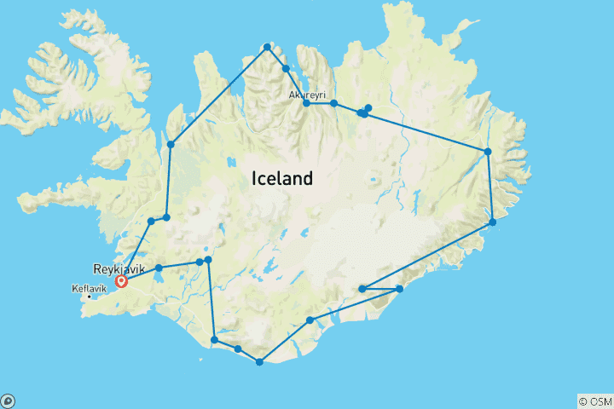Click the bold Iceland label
click(282, 179)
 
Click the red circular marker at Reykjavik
click(122, 281)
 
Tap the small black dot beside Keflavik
click(90, 297)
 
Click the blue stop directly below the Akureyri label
click(306, 103)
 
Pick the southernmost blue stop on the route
click(259, 362)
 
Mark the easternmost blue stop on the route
click(493, 222)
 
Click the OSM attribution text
click(594, 400)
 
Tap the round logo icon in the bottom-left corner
click(7, 400)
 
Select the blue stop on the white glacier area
click(362, 289)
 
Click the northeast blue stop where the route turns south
click(488, 152)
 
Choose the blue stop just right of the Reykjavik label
click(159, 268)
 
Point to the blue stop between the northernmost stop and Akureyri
click(286, 68)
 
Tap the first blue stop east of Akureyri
click(334, 103)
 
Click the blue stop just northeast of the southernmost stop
click(310, 320)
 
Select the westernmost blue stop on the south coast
click(214, 340)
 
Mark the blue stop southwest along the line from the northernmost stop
click(171, 144)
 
